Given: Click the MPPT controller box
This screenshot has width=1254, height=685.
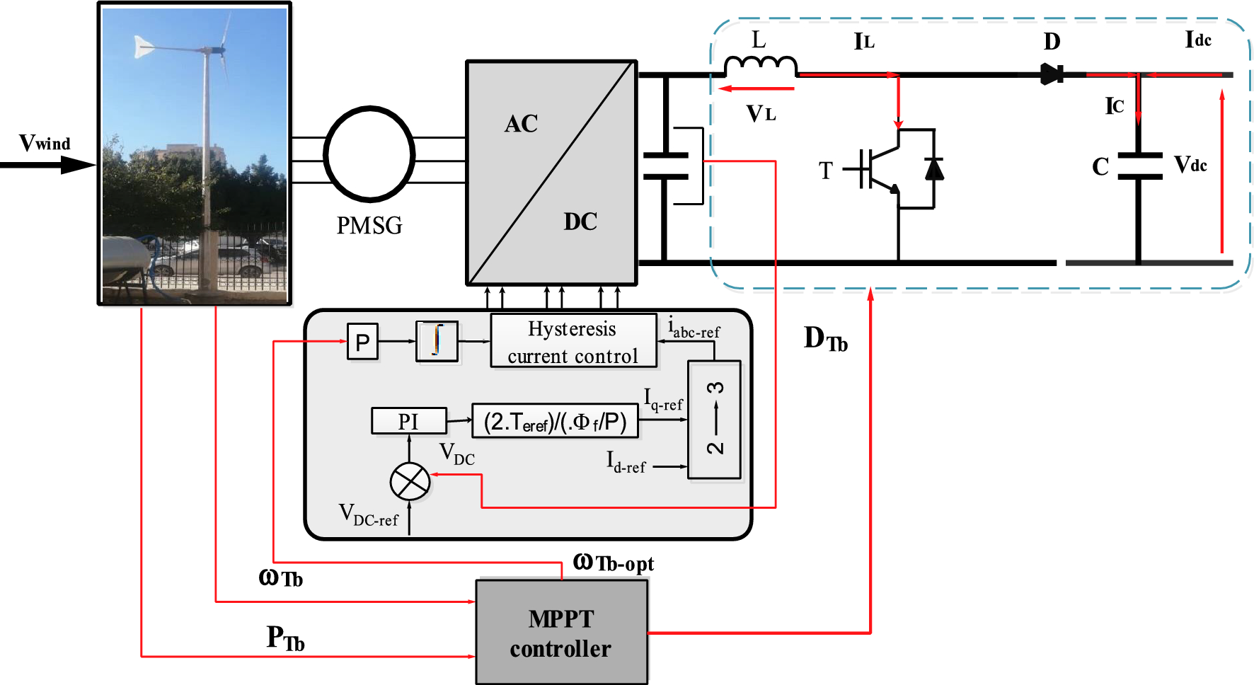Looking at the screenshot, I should point(562,632).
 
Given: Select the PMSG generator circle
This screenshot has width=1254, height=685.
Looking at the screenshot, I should point(369,154).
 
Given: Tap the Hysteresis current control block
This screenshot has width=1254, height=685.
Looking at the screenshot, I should point(573,341).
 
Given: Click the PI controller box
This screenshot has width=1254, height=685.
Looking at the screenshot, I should point(409,421).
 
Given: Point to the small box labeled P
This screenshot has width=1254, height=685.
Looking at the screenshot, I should point(362,342).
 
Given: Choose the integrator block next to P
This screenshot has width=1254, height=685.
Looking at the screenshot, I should point(437,341).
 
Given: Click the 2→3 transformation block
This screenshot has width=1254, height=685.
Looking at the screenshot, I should point(714,419).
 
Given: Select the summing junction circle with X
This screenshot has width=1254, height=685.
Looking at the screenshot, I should point(410,482).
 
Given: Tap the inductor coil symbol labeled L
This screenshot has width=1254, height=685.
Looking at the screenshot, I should point(761,66).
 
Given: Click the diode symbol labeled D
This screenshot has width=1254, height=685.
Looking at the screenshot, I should point(1052,74).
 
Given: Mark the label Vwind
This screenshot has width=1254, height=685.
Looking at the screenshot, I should point(45,143).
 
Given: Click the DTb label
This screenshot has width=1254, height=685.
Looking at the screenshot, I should point(825,339).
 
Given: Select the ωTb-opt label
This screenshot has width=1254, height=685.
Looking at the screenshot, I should point(613,563).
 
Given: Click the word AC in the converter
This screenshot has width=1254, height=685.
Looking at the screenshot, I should point(521,124).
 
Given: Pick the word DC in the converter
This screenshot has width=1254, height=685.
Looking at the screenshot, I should point(580,221).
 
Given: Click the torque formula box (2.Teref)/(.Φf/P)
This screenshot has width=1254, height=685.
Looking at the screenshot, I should point(555,422).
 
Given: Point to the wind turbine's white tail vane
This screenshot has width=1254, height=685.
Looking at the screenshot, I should point(144,47).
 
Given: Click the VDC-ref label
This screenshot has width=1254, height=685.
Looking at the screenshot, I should point(369,515).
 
